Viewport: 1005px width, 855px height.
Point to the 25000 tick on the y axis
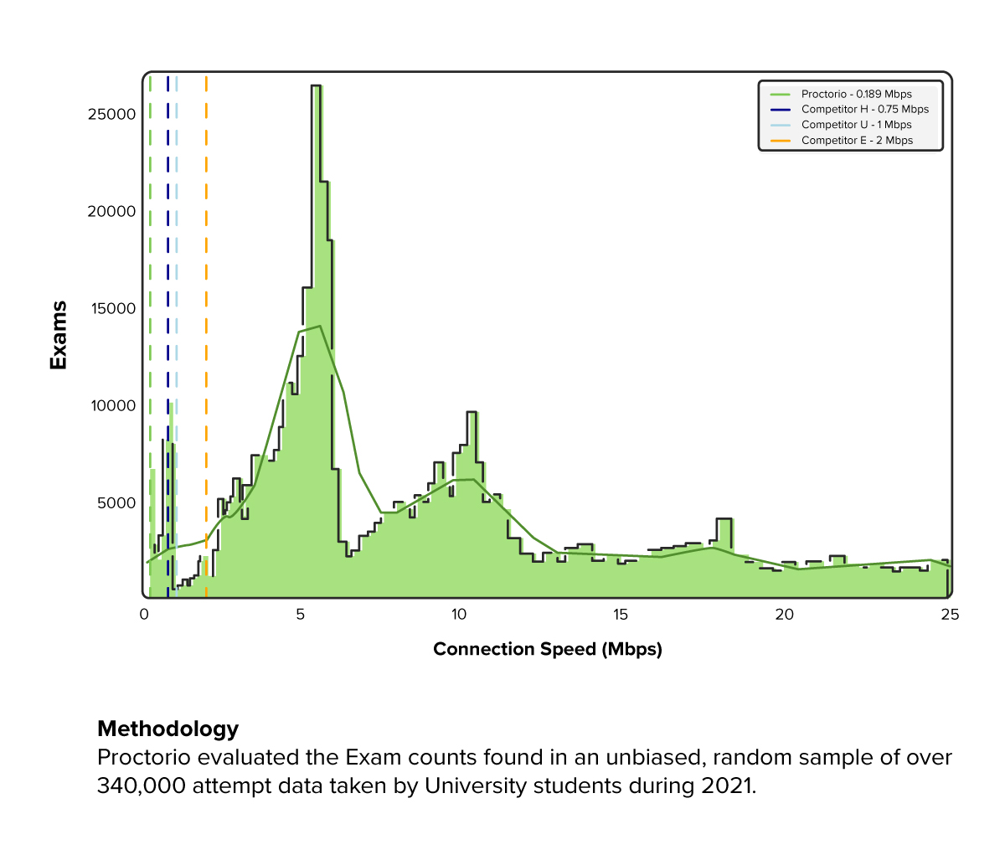pyautogui.click(x=111, y=114)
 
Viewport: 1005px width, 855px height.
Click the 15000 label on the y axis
pyautogui.click(x=111, y=308)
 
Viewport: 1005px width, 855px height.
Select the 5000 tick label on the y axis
pyautogui.click(x=116, y=502)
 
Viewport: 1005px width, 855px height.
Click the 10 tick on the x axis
pyautogui.click(x=458, y=615)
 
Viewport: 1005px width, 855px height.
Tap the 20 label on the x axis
pyautogui.click(x=784, y=615)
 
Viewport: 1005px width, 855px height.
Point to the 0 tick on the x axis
pyautogui.click(x=144, y=615)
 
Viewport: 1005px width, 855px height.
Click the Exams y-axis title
pyautogui.click(x=58, y=335)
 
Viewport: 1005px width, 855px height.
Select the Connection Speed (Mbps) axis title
pyautogui.click(x=548, y=649)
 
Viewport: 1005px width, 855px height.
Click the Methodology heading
pyautogui.click(x=168, y=729)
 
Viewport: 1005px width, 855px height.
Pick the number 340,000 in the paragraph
pyautogui.click(x=141, y=786)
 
